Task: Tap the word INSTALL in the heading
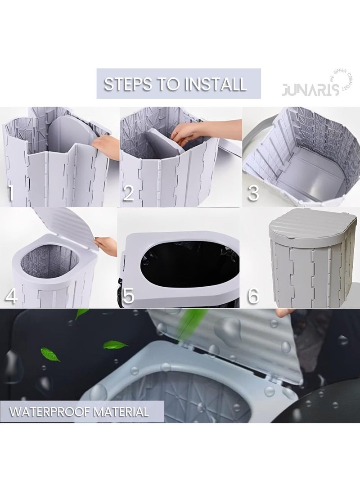[x=215, y=84]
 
